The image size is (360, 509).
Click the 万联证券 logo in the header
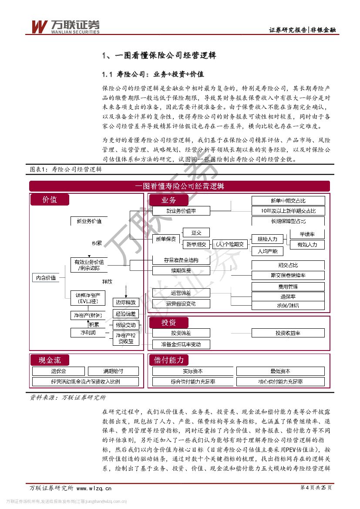[x=65, y=27]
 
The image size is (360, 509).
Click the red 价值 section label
[x=50, y=200]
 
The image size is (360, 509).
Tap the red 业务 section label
[x=168, y=200]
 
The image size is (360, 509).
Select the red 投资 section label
[x=168, y=323]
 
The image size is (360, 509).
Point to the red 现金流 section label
[x=50, y=360]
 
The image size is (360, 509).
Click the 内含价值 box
[x=46, y=277]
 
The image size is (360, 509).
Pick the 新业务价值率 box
[x=181, y=211]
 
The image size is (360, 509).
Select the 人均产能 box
[x=267, y=251]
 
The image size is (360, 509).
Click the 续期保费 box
[x=181, y=270]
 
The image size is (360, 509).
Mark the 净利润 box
[x=88, y=333]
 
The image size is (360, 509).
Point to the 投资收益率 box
[x=288, y=333]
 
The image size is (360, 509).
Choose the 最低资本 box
[x=280, y=371]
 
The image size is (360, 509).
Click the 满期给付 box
[x=113, y=371]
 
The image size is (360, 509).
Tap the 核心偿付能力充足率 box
[x=280, y=382]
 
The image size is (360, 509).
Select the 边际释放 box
[x=125, y=302]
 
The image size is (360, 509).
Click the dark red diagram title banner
[x=179, y=186]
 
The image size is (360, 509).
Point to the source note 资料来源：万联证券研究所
[x=67, y=397]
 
